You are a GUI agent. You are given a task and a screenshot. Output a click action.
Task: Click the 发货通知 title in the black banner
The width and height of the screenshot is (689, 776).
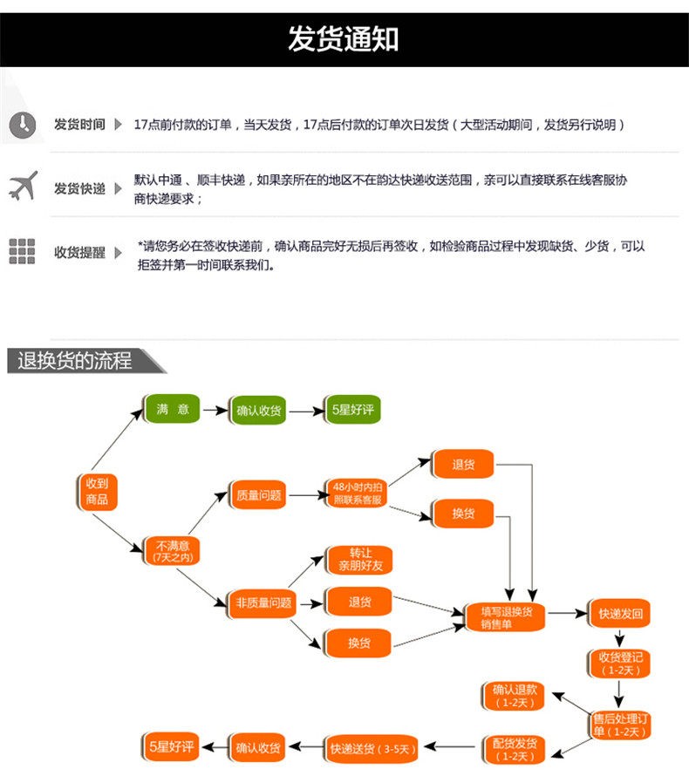(343, 39)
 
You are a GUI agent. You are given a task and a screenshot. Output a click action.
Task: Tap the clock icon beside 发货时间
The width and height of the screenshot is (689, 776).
(23, 125)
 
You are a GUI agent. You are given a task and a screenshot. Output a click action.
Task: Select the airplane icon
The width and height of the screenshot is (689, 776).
(24, 186)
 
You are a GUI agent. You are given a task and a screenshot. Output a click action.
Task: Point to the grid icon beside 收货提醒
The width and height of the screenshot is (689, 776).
(23, 251)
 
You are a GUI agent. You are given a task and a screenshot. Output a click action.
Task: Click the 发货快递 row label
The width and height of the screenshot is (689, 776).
(79, 188)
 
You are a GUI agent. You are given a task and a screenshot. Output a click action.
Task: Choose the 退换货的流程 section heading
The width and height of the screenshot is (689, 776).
(75, 360)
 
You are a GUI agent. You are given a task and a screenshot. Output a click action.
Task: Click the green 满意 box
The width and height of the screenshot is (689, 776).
(173, 409)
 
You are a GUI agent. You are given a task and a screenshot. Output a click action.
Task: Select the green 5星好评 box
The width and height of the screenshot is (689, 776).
(353, 410)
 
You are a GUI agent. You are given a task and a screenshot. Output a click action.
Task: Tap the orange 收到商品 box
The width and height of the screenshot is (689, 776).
(97, 492)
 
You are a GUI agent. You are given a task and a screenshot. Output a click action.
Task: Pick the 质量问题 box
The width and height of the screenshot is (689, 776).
(258, 494)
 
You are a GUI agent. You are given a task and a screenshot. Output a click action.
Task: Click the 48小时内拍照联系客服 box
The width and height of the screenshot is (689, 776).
(357, 493)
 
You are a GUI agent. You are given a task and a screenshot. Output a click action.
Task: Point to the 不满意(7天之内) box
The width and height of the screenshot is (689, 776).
(173, 551)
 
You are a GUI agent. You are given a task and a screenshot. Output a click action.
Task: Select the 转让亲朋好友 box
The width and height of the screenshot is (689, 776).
(360, 560)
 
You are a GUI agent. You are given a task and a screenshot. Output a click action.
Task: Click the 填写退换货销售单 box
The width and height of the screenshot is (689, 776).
(506, 617)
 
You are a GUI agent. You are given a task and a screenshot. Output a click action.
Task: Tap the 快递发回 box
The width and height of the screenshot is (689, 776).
(620, 614)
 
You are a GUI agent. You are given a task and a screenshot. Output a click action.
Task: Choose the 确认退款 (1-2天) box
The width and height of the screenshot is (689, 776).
(515, 696)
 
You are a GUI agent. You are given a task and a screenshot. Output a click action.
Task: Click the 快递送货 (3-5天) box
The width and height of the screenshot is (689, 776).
(372, 749)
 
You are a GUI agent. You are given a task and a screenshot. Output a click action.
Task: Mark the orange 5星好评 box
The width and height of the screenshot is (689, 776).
(171, 746)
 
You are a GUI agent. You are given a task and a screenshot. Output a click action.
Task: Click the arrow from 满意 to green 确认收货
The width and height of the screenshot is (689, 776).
(215, 411)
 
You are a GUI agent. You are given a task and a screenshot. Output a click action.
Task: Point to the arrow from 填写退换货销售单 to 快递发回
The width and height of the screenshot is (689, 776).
(567, 614)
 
